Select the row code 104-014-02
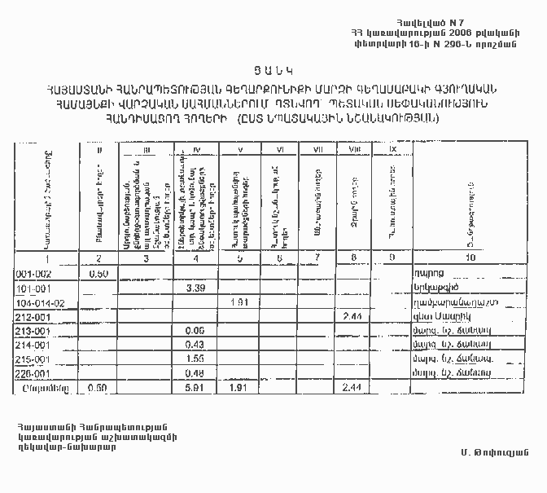tap(40, 302)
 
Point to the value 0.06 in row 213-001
tap(194, 331)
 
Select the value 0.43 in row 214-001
tap(194, 346)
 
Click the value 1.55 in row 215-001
tap(194, 359)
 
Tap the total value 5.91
tap(194, 388)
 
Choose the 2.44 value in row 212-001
tap(352, 316)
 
